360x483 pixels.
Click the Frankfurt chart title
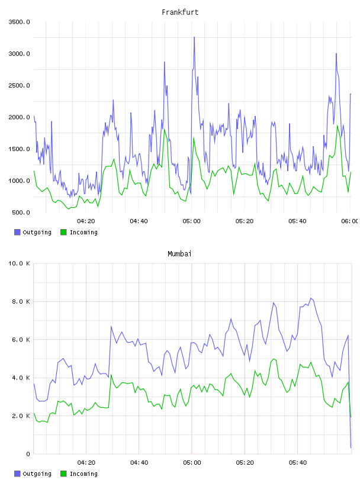[x=180, y=12]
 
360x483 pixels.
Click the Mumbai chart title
[x=179, y=254]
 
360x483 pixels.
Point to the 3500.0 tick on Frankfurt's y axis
[x=19, y=22]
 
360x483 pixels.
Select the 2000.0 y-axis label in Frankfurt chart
[x=19, y=117]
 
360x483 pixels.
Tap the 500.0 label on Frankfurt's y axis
[x=21, y=212]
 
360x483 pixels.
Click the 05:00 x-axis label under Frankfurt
[x=191, y=221]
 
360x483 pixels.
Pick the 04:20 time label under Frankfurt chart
[x=86, y=221]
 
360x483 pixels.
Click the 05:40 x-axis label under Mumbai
[x=298, y=463]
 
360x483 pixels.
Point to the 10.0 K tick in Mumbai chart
[x=19, y=263]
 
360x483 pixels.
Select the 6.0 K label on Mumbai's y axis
[x=21, y=339]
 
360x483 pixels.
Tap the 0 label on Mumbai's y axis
[x=28, y=454]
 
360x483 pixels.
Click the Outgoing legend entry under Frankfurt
[x=33, y=232]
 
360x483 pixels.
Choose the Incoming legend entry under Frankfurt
[x=79, y=232]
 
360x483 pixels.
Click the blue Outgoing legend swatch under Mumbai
[x=17, y=474]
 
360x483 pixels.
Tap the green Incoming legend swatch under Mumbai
[x=63, y=474]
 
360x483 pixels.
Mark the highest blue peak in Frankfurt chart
[x=194, y=37]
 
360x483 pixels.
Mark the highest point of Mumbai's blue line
[x=311, y=298]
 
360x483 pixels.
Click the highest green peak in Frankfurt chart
[x=337, y=125]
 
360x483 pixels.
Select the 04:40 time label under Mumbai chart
[x=139, y=463]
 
